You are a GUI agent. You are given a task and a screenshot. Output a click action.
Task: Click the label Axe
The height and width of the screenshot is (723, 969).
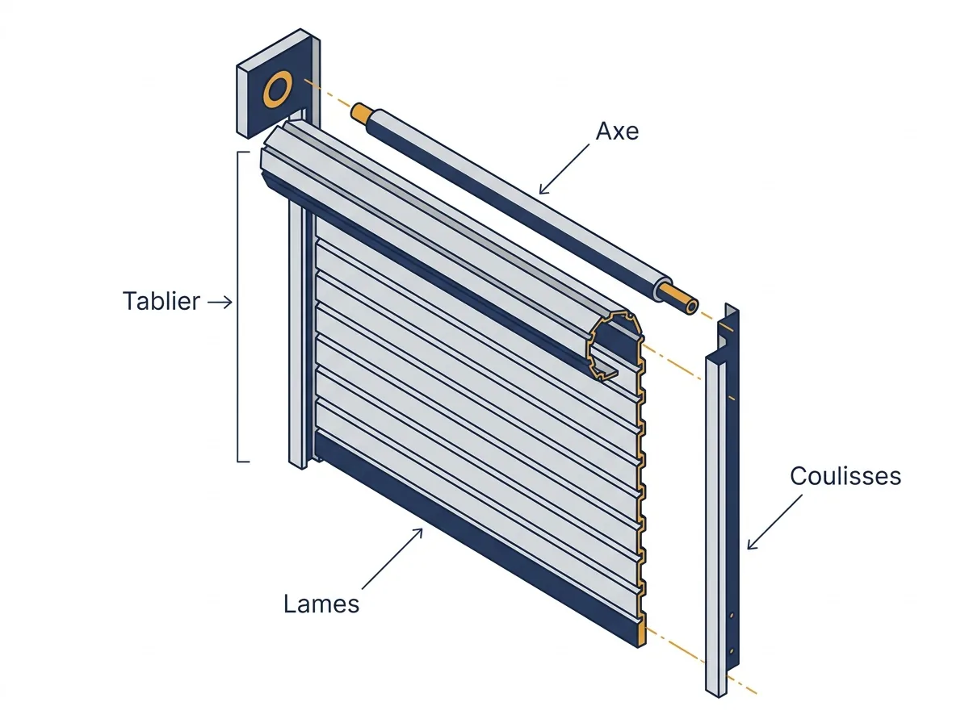coord(617,131)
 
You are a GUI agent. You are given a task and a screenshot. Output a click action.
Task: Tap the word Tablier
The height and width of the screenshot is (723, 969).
coord(161,301)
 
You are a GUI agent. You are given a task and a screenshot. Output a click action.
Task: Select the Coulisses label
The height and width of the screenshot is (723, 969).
coord(845,476)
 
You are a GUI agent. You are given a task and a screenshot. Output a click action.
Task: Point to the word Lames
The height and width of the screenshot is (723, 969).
coord(321,604)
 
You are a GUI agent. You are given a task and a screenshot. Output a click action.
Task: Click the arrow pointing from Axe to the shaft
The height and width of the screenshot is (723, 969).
coord(564,169)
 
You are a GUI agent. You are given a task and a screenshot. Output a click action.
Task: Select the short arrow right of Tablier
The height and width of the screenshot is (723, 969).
coord(220,302)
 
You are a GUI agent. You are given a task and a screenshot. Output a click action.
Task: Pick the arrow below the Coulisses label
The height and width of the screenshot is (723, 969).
coord(774,522)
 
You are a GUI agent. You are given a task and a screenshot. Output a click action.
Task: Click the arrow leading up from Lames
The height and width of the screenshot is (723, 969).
coord(392,558)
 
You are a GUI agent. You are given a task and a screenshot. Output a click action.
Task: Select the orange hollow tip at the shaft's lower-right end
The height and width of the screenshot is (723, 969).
coord(679,299)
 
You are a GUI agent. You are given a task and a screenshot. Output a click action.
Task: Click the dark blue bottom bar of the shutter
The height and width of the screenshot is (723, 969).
coord(476,539)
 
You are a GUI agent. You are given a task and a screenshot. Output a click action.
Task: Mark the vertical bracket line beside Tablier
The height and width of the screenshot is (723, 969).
coord(238,307)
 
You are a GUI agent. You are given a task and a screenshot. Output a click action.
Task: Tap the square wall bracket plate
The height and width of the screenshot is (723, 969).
coord(278,84)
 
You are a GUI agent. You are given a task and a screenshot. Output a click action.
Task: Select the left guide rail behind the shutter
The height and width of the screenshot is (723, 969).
coord(297,335)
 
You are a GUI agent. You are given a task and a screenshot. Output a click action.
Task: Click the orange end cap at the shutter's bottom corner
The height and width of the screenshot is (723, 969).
coord(642,635)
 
